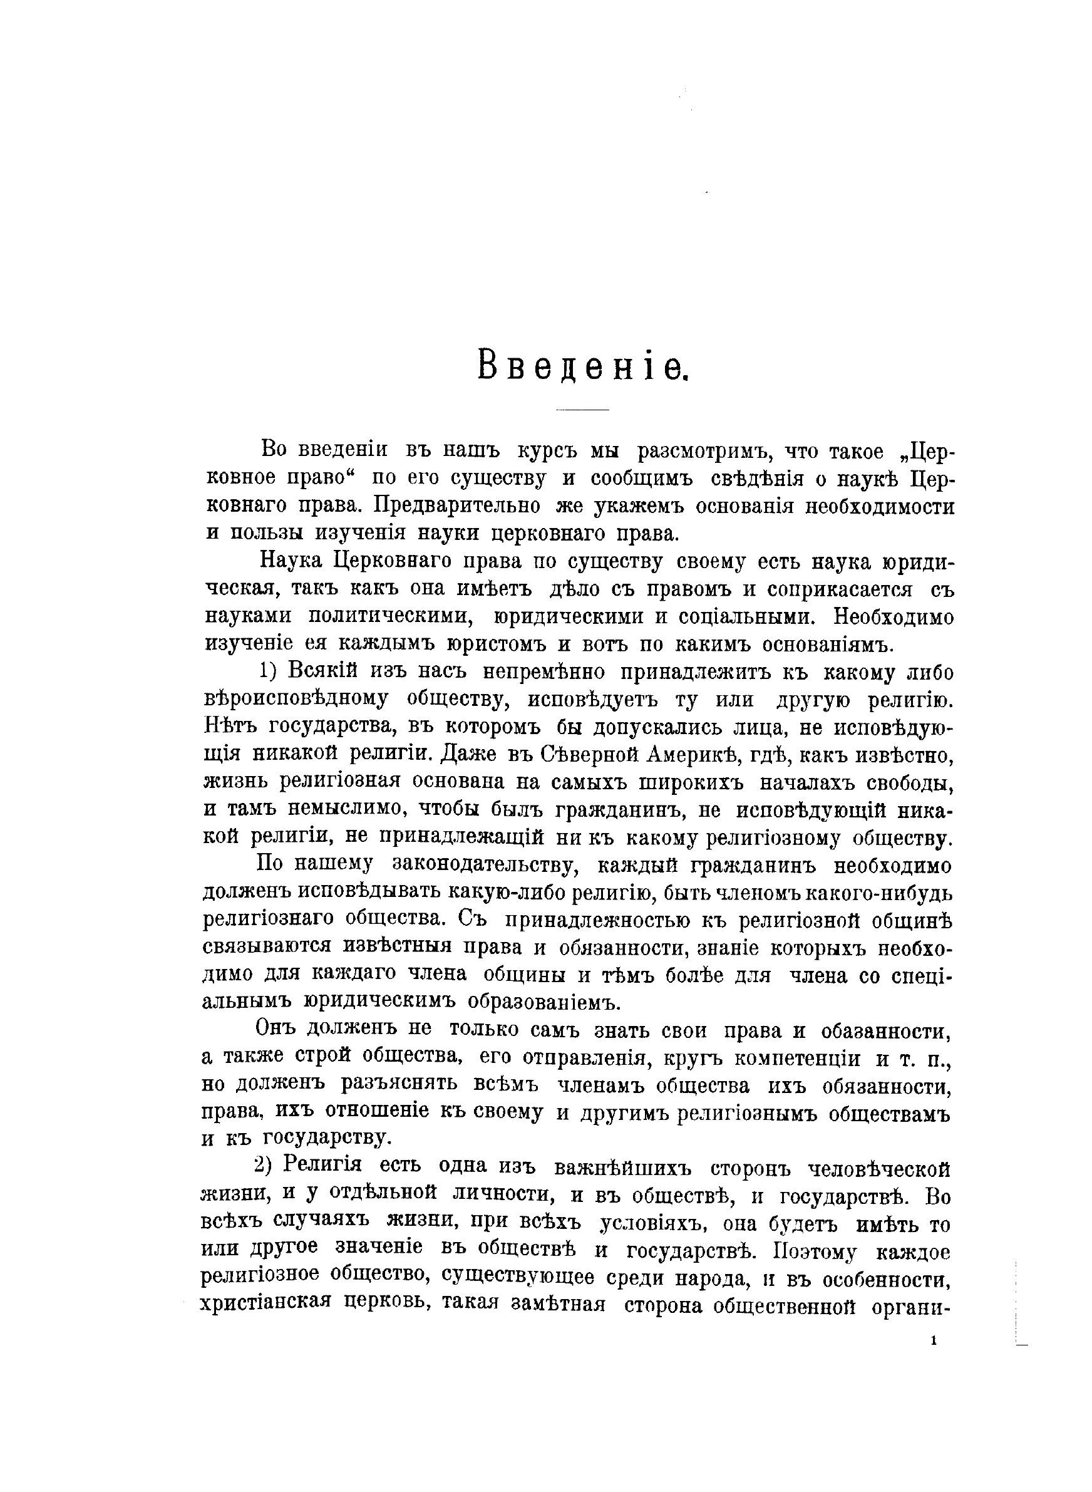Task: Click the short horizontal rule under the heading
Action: tap(582, 411)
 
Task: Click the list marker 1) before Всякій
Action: tap(270, 672)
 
